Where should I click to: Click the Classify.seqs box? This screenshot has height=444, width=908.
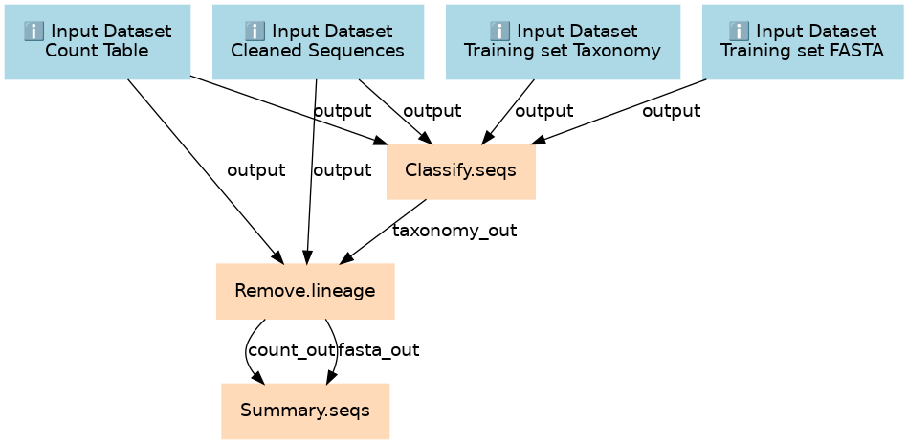pos(461,171)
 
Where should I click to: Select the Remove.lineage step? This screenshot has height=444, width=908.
pos(305,291)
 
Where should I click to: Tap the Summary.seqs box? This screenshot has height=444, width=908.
pos(305,411)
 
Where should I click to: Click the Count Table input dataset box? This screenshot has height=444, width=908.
pos(98,42)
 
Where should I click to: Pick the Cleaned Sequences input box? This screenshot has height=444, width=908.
pos(318,42)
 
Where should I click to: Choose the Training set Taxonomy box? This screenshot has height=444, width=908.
pos(563,42)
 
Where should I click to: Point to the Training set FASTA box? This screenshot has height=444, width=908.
pos(803,42)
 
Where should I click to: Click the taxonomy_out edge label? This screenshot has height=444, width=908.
pos(454,231)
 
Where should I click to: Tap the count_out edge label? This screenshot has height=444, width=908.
pos(291,350)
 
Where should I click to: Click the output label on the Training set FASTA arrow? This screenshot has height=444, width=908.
pos(671,111)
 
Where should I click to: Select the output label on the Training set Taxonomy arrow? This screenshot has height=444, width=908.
pos(543,111)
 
